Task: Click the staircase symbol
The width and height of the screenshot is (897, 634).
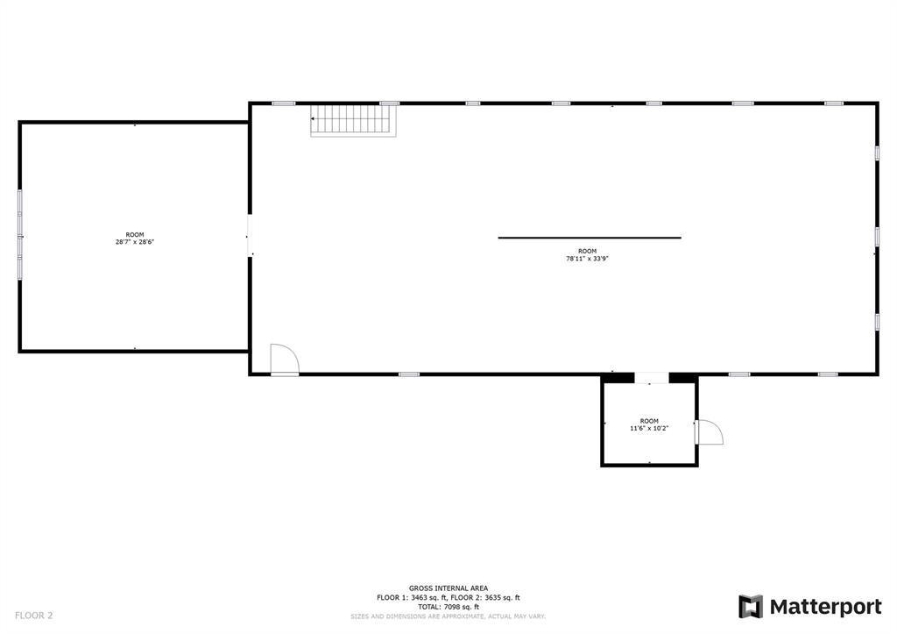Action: (x=354, y=120)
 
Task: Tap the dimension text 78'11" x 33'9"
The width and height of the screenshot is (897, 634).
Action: (x=587, y=259)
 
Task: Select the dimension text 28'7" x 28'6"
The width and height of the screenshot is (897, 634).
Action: (x=135, y=242)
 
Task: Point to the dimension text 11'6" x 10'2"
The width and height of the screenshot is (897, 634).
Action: (x=649, y=429)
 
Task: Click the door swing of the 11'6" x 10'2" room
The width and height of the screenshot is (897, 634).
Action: (x=710, y=431)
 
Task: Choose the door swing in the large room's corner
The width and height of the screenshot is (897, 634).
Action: (x=285, y=360)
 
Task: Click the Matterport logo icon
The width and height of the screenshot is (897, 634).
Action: (x=751, y=607)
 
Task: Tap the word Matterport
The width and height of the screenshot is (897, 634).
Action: (x=825, y=607)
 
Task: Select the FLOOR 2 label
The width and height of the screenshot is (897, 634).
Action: (x=34, y=616)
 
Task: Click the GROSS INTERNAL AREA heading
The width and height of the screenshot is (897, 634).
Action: (x=448, y=588)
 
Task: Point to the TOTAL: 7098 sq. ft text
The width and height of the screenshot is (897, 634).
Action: (x=448, y=607)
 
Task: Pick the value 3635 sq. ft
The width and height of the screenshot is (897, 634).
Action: (x=502, y=598)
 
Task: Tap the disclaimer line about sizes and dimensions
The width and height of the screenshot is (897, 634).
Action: (x=448, y=616)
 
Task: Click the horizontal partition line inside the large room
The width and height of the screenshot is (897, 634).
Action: (x=590, y=238)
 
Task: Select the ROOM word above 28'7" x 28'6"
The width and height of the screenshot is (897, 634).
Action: (x=135, y=235)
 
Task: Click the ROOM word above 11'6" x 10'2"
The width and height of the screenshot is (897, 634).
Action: (x=649, y=421)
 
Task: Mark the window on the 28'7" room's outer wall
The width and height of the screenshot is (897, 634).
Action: (x=20, y=235)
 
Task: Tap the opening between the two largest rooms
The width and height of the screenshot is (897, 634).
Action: (x=250, y=235)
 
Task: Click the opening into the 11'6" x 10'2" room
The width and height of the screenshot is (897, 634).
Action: (x=652, y=378)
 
